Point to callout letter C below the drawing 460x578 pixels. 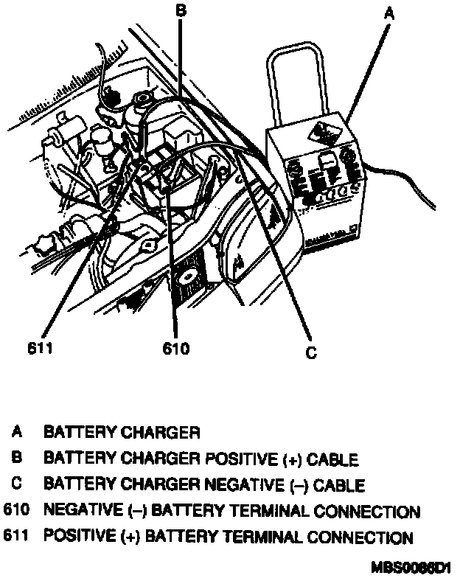click(311, 353)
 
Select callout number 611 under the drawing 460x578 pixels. click(39, 348)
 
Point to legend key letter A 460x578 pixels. click(15, 432)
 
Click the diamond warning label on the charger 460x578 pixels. click(323, 135)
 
